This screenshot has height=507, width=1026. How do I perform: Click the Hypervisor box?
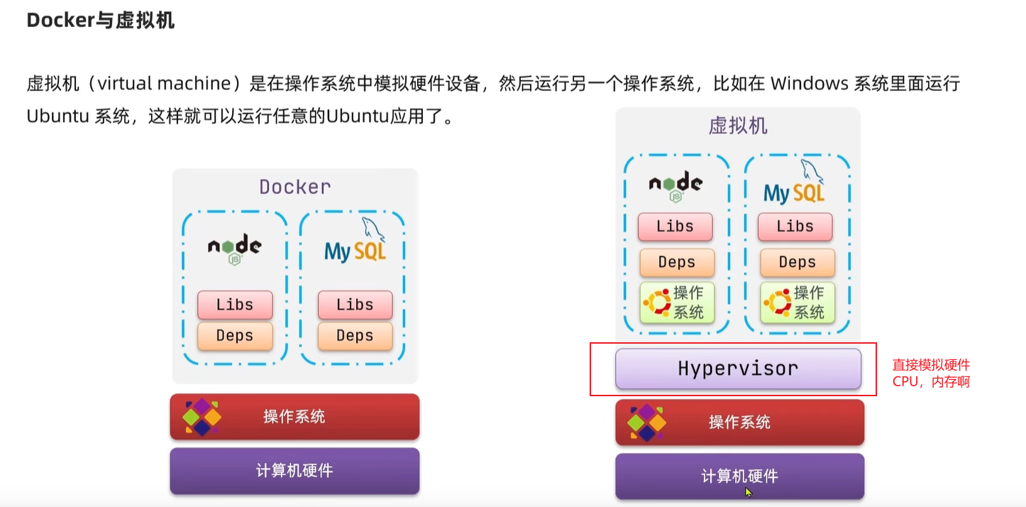(738, 369)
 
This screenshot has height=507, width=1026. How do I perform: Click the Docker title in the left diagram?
(294, 187)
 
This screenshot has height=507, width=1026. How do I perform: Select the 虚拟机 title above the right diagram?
(738, 126)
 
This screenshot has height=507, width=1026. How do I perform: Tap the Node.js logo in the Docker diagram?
(234, 248)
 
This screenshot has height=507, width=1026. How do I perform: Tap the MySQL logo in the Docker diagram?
(355, 245)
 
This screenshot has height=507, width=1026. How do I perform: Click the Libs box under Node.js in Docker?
(235, 305)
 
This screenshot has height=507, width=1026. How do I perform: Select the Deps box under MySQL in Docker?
(355, 335)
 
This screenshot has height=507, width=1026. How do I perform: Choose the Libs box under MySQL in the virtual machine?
(795, 227)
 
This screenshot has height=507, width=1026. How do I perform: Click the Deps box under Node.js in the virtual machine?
(676, 262)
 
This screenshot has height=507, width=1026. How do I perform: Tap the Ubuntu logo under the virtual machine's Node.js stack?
(656, 302)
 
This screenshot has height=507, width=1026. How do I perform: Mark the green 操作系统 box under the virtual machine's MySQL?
(798, 302)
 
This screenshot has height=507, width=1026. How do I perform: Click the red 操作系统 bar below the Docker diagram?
(294, 416)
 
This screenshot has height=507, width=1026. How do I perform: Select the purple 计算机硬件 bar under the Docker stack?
(294, 470)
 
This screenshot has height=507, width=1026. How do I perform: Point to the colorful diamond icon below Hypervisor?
(646, 422)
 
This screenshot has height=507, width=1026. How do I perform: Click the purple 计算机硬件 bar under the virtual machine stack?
(739, 476)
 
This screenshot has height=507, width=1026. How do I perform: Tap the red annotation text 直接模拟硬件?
(930, 366)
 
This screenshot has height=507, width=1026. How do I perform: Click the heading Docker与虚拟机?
(100, 21)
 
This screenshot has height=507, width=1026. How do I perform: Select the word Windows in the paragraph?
(809, 84)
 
